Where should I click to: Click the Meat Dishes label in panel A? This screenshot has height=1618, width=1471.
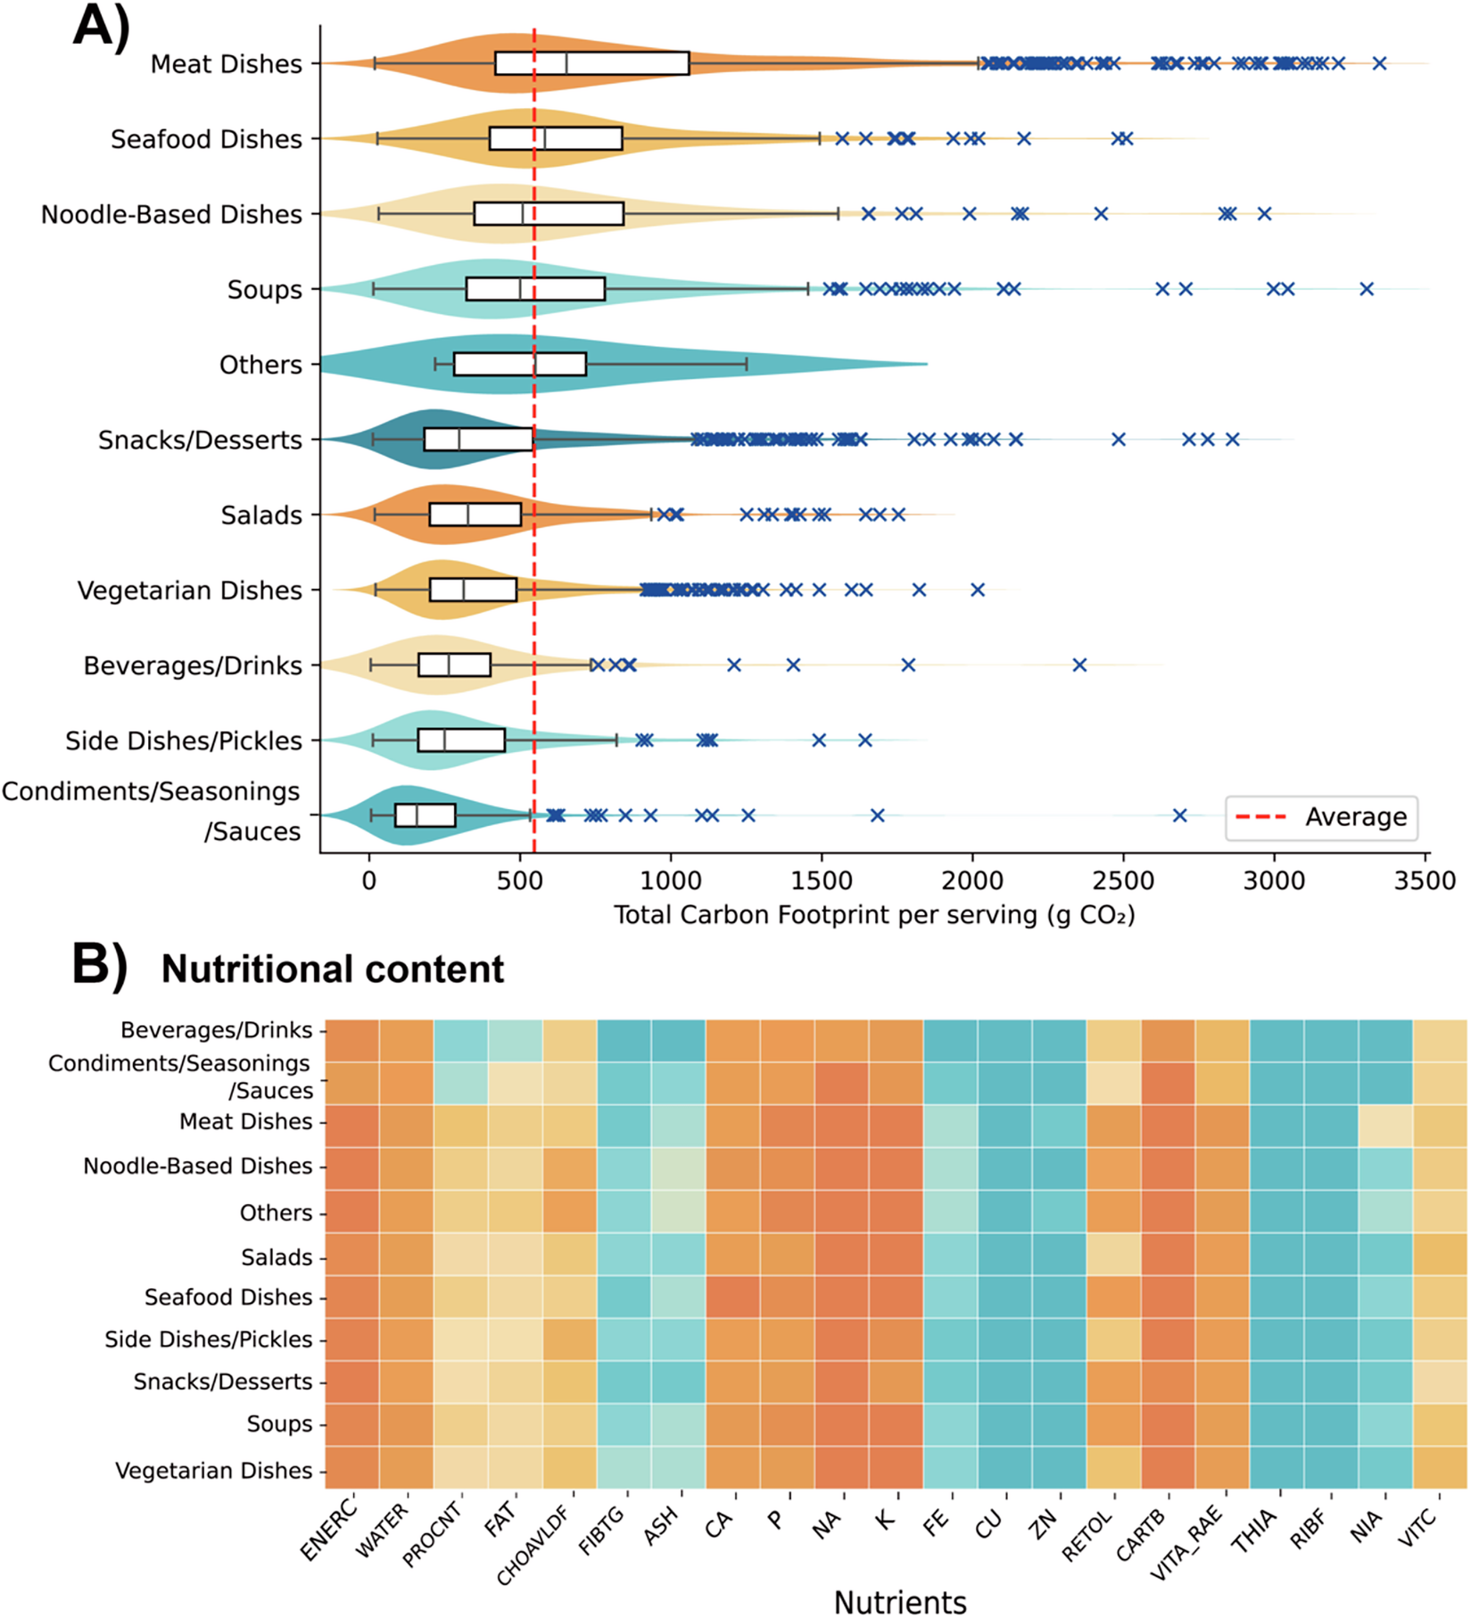[x=226, y=64]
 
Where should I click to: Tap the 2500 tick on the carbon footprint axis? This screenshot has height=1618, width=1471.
[x=1123, y=880]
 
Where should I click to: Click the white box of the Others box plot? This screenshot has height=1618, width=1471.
[x=519, y=364]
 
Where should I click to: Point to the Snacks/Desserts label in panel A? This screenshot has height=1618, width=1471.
[x=200, y=440]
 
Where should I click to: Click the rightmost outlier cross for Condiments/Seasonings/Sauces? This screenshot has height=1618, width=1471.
[x=1179, y=815]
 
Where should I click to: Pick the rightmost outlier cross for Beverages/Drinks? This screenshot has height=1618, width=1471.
[x=1079, y=665]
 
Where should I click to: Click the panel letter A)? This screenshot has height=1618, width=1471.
[x=101, y=27]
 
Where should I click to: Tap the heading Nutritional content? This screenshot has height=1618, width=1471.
[x=332, y=970]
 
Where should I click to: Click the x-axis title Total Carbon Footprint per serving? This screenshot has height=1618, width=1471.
[x=873, y=915]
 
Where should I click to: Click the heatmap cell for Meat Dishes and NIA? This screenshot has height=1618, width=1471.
[x=1385, y=1125]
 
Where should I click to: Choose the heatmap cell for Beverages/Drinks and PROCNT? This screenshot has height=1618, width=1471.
[x=460, y=1040]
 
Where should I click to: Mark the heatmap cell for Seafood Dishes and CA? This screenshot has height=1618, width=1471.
[x=732, y=1297]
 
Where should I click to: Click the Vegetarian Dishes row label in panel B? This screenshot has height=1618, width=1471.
[x=213, y=1470]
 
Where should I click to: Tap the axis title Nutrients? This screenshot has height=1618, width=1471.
[x=899, y=1602]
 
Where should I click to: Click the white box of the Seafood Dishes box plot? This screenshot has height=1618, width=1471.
[x=555, y=138]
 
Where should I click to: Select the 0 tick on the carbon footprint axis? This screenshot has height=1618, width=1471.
[x=369, y=880]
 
